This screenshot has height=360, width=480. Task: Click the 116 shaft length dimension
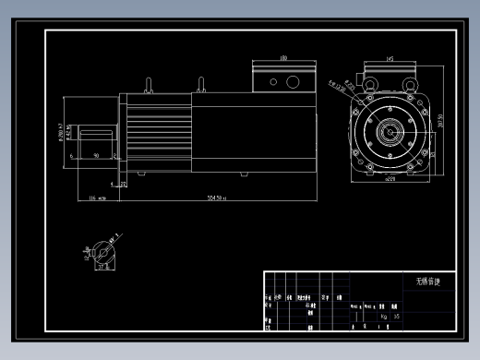pos(92,198)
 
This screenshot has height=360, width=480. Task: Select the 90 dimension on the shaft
pos(98,156)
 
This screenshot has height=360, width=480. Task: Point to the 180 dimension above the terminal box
pos(283,58)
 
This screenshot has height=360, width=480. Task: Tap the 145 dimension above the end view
pos(390,58)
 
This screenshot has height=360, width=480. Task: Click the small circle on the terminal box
pos(273,82)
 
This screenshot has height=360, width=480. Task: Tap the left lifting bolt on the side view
pos(148,86)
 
